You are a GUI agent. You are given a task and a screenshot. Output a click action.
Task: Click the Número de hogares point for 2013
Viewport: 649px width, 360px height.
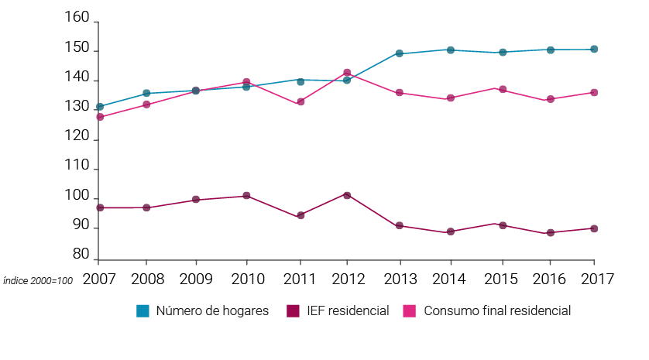point(400,53)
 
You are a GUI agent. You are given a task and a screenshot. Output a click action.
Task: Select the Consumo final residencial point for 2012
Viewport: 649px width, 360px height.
point(347,73)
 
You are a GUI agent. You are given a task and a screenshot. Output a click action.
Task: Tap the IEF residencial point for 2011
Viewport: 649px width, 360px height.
point(300,215)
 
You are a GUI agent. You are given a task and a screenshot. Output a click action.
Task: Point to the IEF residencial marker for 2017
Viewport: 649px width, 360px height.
point(594,228)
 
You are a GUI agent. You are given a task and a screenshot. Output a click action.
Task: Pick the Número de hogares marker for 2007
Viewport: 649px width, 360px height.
point(100,107)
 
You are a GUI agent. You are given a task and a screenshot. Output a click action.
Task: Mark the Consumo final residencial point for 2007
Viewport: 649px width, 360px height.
point(100,117)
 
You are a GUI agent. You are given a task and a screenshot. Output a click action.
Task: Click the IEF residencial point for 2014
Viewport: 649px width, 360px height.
point(450,231)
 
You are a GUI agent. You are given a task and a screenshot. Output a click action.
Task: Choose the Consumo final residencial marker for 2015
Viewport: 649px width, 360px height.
point(503,90)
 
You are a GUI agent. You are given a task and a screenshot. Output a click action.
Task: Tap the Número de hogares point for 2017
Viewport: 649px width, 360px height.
point(594,49)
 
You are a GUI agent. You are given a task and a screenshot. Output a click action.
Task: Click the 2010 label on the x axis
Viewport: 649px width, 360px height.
point(246,279)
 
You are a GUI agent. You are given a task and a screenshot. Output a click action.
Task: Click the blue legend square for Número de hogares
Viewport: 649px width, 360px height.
point(143,310)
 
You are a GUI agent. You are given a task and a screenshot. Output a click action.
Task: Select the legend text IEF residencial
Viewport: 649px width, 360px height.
point(347,311)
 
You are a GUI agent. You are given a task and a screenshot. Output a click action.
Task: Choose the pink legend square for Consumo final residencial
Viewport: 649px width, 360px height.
point(409,310)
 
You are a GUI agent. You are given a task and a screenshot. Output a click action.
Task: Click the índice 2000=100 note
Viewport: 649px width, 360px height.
point(38,281)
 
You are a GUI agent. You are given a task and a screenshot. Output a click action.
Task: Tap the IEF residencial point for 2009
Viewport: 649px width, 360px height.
point(196,200)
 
